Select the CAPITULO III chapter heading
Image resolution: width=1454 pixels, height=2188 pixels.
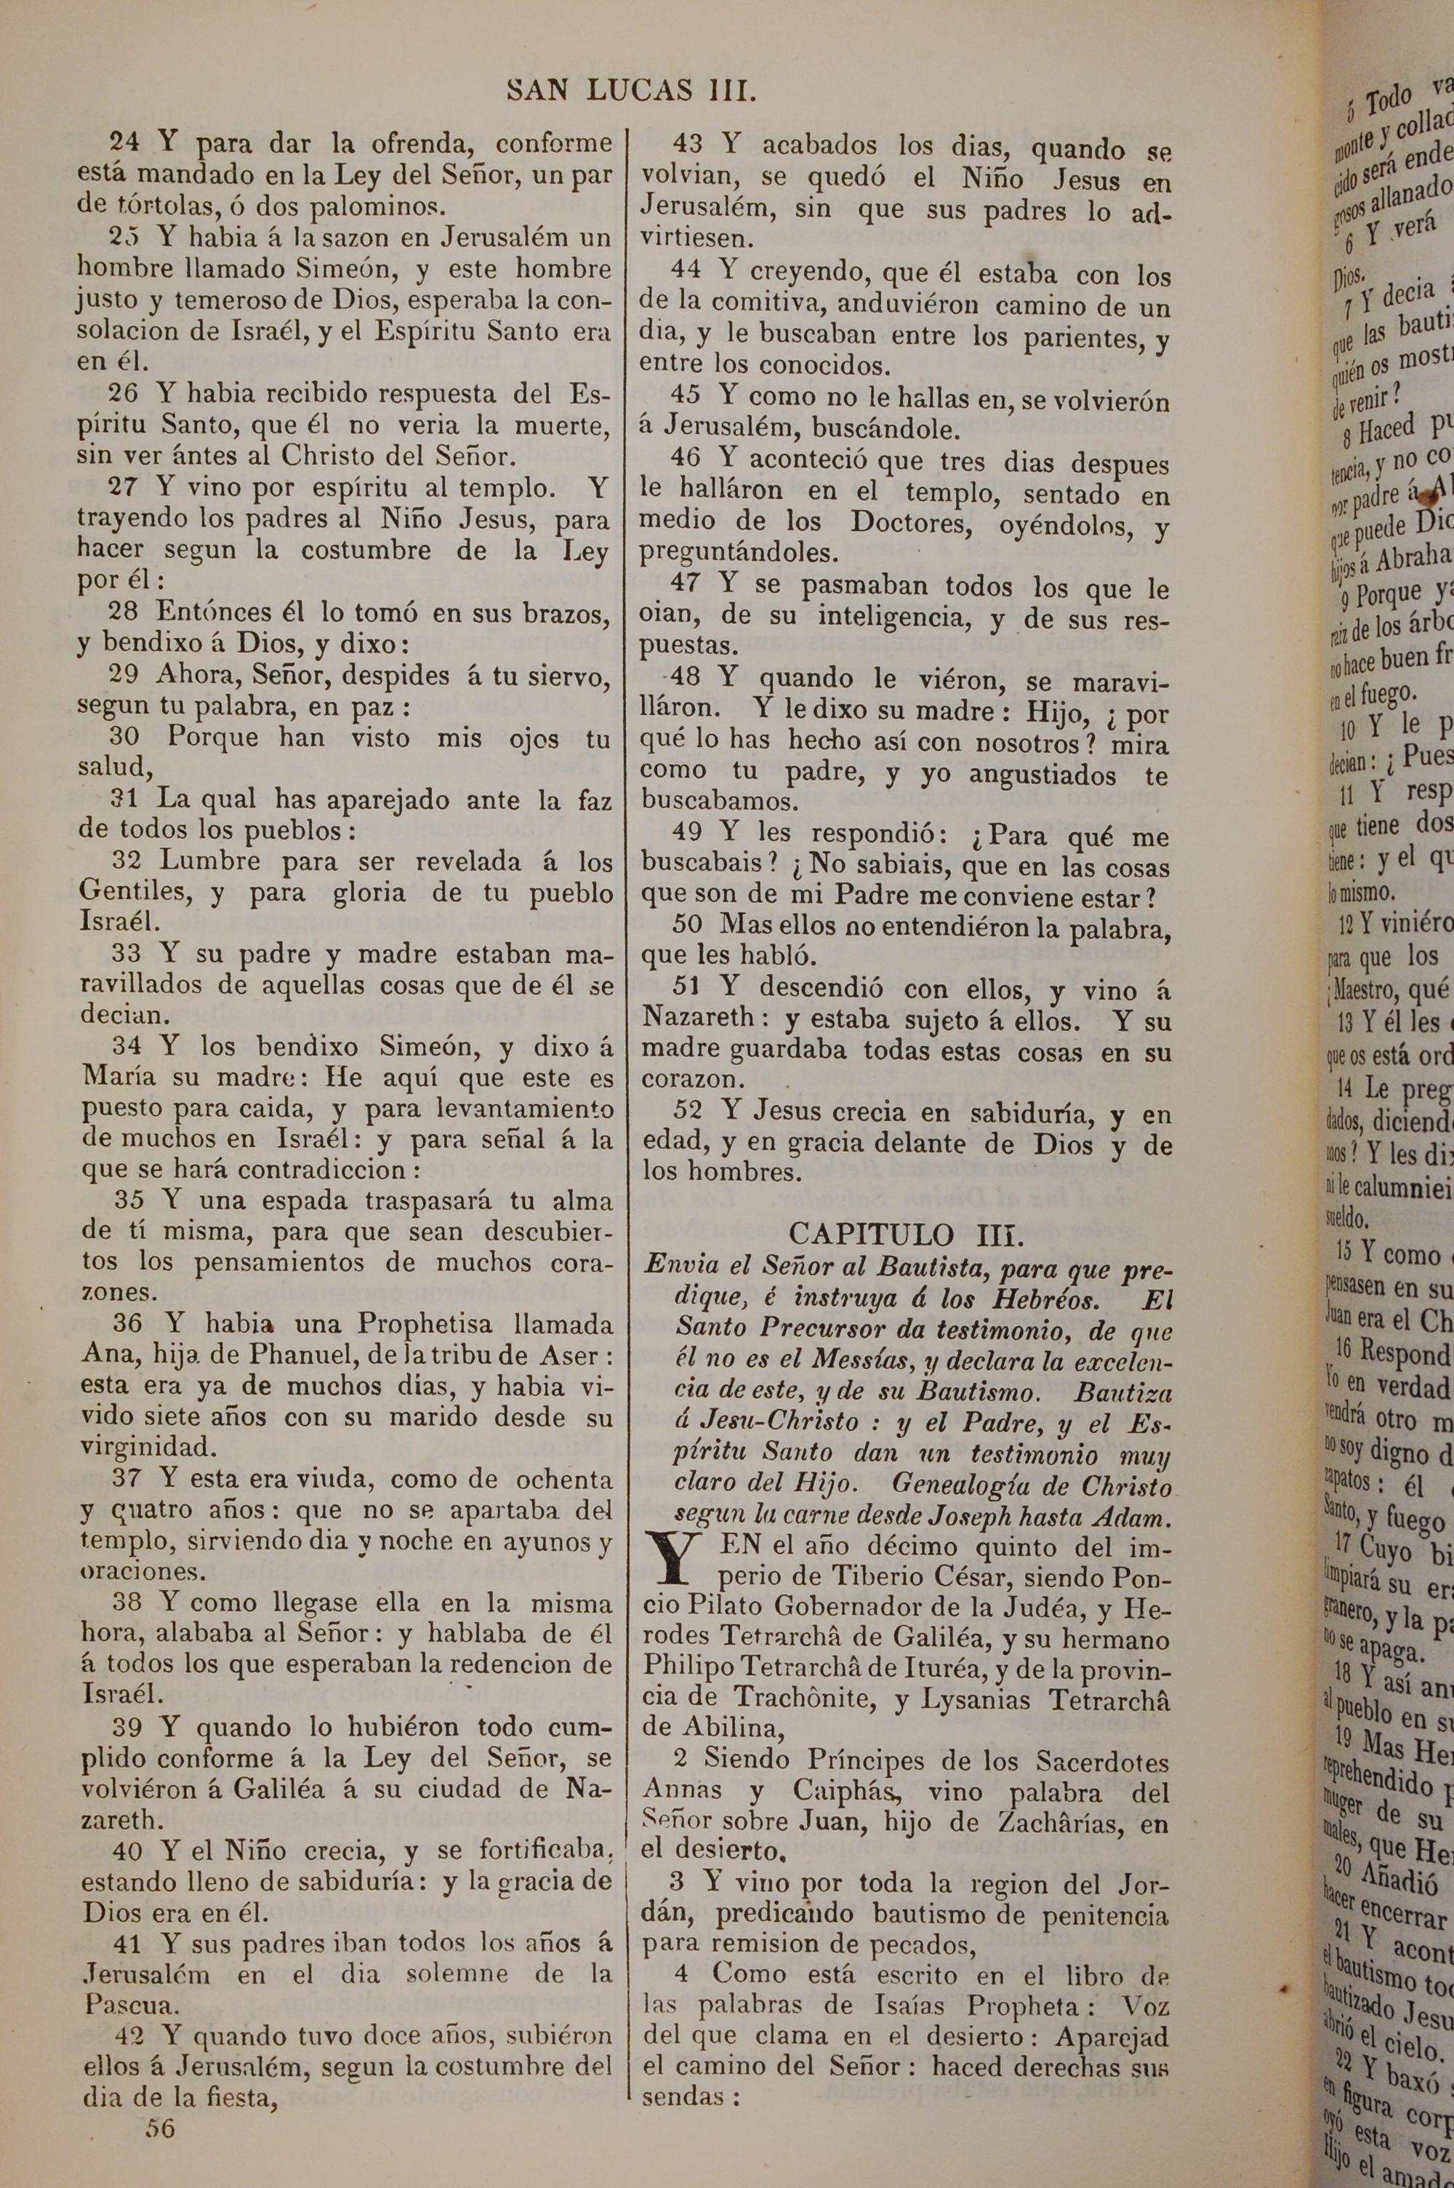pos(907,1234)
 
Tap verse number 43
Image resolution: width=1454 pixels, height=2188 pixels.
pos(687,145)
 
